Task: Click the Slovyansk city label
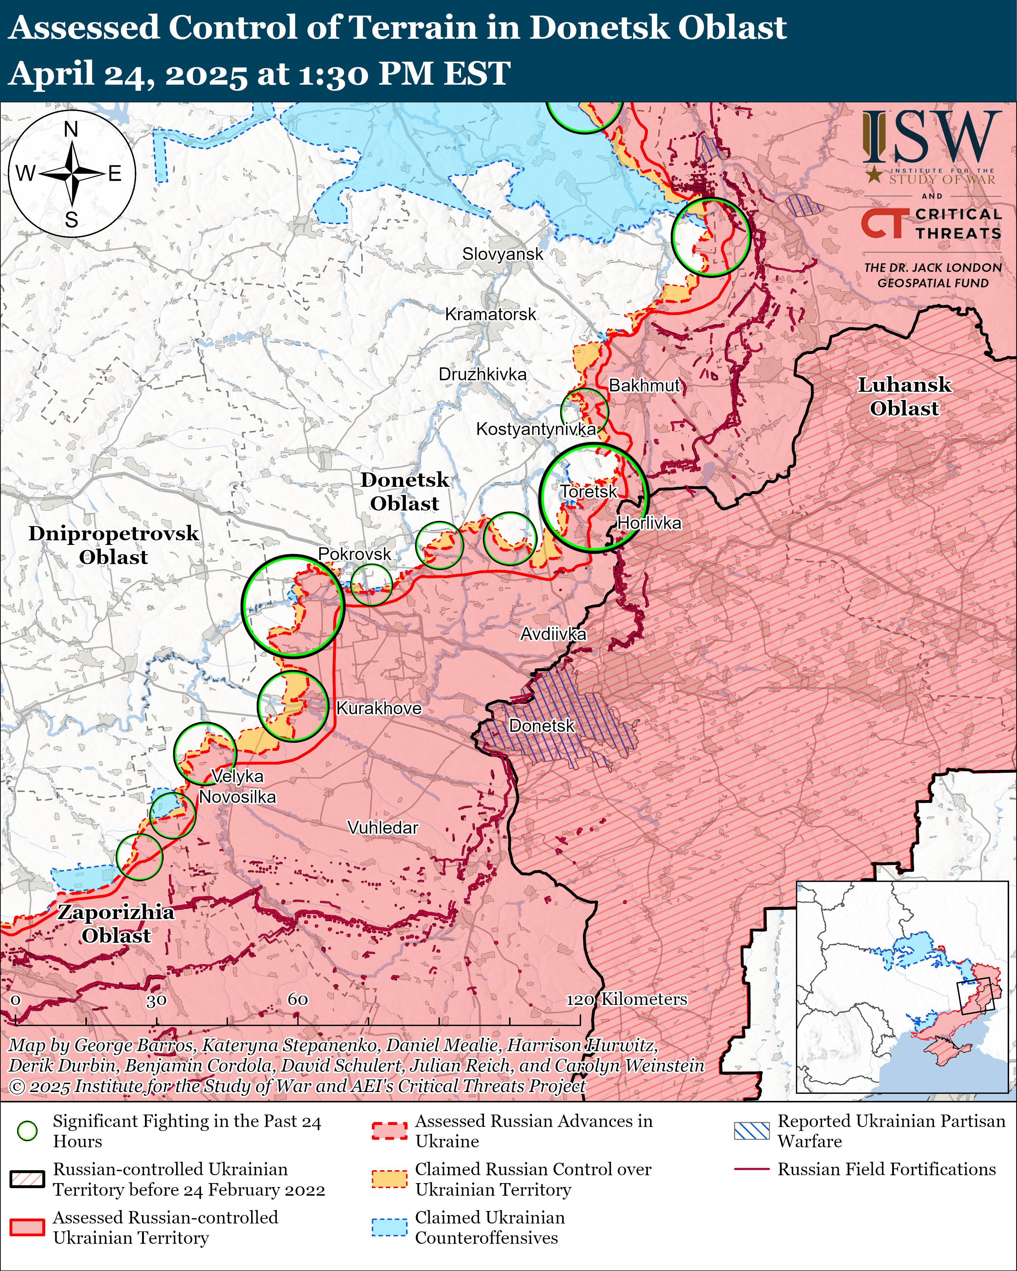pos(502,254)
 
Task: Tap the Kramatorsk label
pos(490,314)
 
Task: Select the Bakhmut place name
pos(644,386)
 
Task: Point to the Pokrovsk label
pos(354,554)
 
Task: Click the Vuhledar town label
pos(383,828)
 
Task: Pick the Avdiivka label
pos(553,634)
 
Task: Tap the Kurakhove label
pos(378,708)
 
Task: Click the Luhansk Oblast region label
pos(904,397)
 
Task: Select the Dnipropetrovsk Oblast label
pos(113,545)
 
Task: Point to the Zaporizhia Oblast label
pos(116,924)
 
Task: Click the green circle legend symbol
pos(27,1131)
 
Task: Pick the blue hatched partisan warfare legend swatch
pos(752,1131)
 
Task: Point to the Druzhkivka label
pos(482,375)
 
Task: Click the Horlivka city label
pos(649,523)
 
